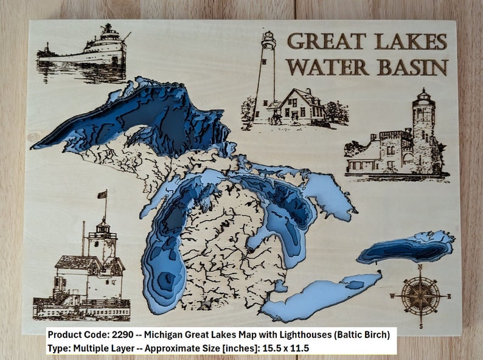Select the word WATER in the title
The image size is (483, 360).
click(x=326, y=66)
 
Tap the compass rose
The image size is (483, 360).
click(x=420, y=296)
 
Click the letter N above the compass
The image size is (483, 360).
click(x=420, y=268)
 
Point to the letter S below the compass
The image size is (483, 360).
click(x=420, y=326)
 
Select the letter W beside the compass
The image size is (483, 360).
click(x=392, y=296)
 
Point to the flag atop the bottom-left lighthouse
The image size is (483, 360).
click(x=102, y=195)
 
